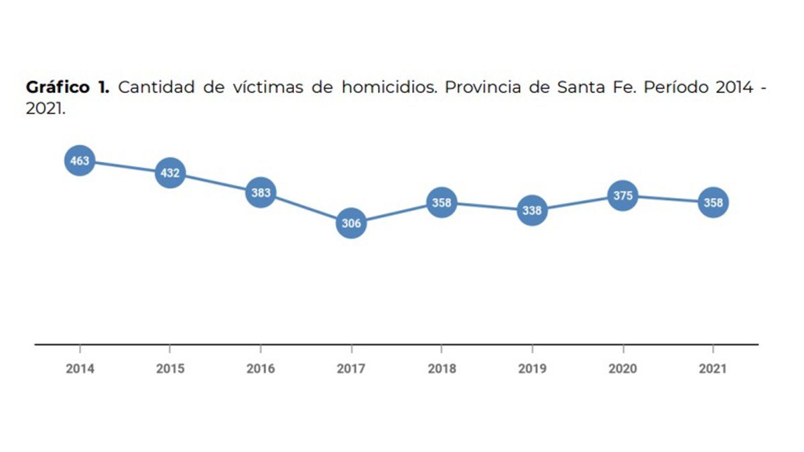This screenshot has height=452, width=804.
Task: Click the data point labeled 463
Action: [80, 161]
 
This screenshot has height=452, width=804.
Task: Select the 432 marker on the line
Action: [170, 173]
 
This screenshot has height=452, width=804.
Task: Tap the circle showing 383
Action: [261, 193]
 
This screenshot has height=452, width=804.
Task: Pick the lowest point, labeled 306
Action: [351, 223]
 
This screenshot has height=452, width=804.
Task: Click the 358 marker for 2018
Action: [442, 202]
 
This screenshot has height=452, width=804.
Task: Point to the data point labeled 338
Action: [532, 210]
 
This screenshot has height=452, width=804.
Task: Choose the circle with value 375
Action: [623, 196]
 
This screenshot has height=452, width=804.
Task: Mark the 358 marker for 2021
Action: [714, 202]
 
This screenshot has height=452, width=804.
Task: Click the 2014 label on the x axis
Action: [80, 368]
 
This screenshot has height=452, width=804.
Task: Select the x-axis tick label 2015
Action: [170, 368]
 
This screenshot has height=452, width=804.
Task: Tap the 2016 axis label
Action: [261, 368]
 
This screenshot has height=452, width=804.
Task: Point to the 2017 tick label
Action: [351, 368]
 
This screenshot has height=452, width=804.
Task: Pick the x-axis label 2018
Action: [442, 368]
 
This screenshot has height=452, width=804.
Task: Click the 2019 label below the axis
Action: [532, 368]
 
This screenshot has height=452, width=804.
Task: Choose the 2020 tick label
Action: [623, 368]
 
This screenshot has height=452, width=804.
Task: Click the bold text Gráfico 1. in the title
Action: [68, 88]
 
